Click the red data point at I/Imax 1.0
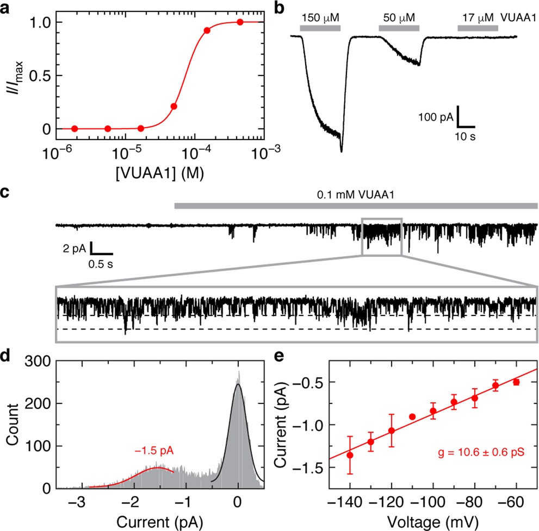pyautogui.click(x=240, y=22)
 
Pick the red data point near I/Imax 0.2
pyautogui.click(x=174, y=106)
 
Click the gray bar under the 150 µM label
pyautogui.click(x=320, y=28)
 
